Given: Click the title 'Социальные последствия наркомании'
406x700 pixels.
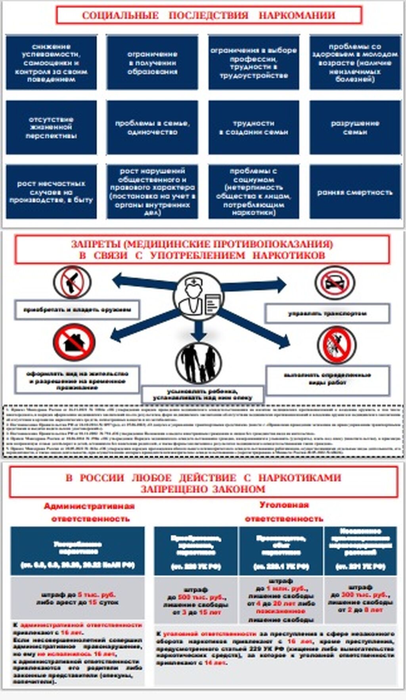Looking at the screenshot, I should (209, 15).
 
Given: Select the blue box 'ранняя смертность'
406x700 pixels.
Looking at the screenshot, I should (355, 192).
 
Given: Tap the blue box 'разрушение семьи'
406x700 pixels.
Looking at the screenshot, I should (355, 127).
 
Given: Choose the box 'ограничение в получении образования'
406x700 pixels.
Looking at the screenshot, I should (152, 63).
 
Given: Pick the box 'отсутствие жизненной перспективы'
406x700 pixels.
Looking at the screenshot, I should (51, 127).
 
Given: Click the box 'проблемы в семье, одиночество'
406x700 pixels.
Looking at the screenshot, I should (152, 127).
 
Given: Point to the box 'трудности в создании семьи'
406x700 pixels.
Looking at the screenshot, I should (254, 127).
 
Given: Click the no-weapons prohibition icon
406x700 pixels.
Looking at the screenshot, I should (72, 282).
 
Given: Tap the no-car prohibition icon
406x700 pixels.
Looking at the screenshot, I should (335, 283).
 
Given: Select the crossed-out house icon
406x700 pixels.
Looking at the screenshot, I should (74, 342).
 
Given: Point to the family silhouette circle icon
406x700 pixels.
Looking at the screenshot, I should (199, 363).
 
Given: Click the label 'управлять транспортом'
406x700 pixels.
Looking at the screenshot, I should (327, 314).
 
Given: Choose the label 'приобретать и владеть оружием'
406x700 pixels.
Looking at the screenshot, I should (77, 310).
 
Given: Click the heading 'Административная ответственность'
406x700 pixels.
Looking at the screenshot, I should (90, 512).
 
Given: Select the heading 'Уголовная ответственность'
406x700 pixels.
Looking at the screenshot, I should (284, 511).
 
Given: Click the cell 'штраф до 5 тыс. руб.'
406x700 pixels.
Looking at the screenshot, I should (77, 598).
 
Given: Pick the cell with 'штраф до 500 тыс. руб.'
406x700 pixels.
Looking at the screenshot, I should (196, 601).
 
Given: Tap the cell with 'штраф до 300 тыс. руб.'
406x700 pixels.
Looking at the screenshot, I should (360, 599).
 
